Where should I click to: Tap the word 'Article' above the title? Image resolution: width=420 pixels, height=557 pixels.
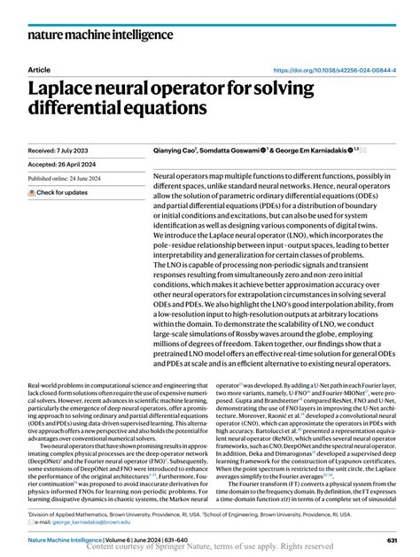[40, 69]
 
